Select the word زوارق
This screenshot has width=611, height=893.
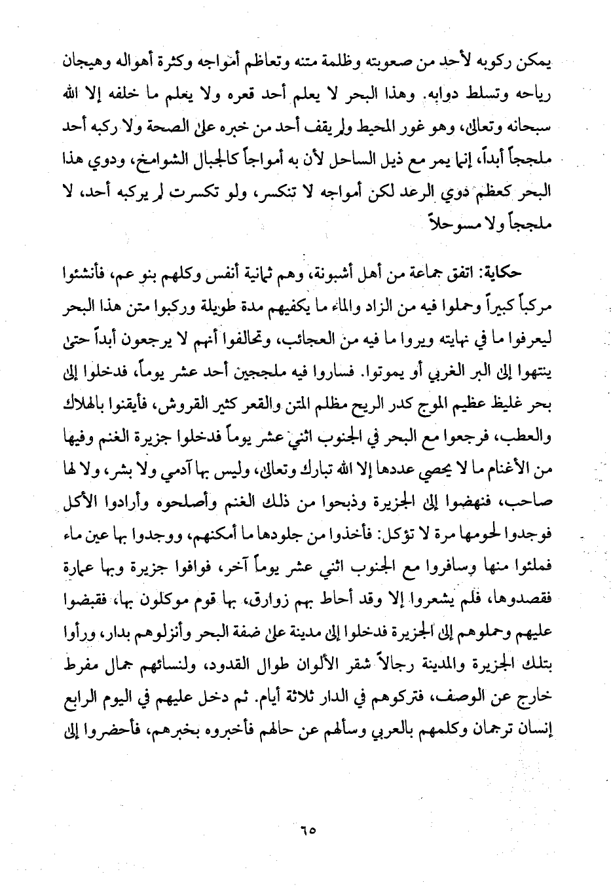[281, 610]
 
